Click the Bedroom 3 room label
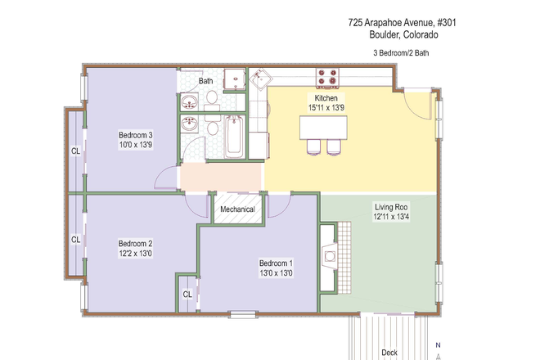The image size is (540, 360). click(x=136, y=135)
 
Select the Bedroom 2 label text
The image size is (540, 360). click(x=136, y=243)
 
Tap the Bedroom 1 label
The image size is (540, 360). click(x=276, y=263)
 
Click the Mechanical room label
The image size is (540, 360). click(x=237, y=209)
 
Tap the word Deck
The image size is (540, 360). click(x=390, y=353)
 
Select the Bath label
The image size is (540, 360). click(x=205, y=81)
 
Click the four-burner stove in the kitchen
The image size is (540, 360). click(x=328, y=78)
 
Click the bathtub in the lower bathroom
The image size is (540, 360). click(x=234, y=137)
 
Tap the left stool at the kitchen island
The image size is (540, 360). click(x=313, y=147)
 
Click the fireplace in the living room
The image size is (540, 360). click(x=329, y=257)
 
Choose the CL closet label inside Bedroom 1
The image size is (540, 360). click(x=187, y=294)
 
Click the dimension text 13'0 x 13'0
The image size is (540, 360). click(x=276, y=272)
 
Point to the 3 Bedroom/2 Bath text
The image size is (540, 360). click(x=401, y=53)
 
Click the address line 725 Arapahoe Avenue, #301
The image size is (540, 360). click(x=402, y=24)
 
